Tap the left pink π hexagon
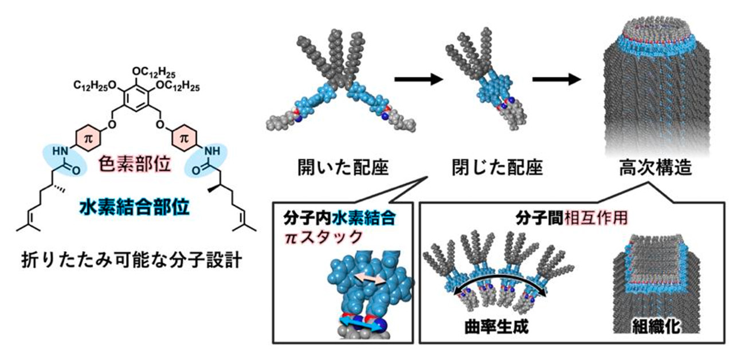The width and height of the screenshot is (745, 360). [x=88, y=140]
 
